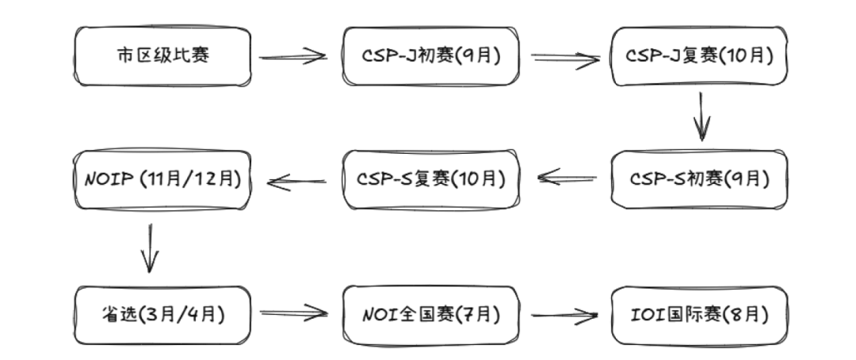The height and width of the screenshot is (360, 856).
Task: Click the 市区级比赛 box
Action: point(162,56)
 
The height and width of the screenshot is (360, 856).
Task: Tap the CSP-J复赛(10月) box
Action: point(700,56)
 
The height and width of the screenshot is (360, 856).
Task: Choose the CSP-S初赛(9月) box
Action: point(700,179)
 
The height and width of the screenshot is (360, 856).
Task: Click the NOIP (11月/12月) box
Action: point(162,179)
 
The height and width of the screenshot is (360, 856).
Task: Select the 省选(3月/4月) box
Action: point(162,314)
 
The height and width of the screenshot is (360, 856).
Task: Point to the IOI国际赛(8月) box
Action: point(700,314)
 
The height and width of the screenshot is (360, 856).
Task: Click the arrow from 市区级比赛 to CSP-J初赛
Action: point(293,56)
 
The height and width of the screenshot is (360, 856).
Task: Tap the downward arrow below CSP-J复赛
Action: point(701,117)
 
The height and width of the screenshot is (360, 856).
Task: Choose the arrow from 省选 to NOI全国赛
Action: point(293,313)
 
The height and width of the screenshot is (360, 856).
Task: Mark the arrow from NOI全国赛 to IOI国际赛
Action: point(565,316)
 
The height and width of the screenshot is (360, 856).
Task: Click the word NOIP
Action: point(108,179)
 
